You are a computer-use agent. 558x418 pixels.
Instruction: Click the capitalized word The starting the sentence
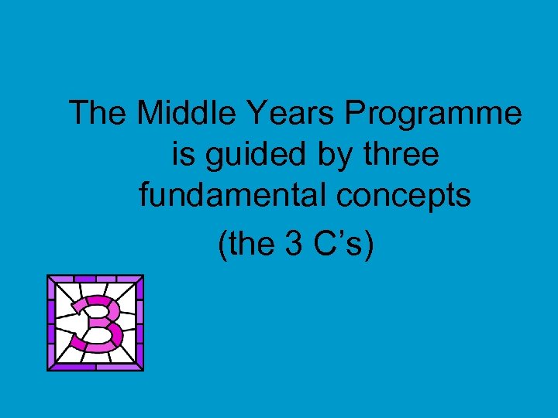[98, 115]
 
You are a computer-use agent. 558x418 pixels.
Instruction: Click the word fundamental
[232, 197]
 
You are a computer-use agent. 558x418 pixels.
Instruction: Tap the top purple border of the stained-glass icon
[95, 279]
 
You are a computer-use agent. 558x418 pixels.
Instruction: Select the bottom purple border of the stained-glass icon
[95, 366]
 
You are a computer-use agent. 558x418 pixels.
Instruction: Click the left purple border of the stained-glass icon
[52, 323]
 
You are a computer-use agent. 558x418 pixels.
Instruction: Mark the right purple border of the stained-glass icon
[139, 323]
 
